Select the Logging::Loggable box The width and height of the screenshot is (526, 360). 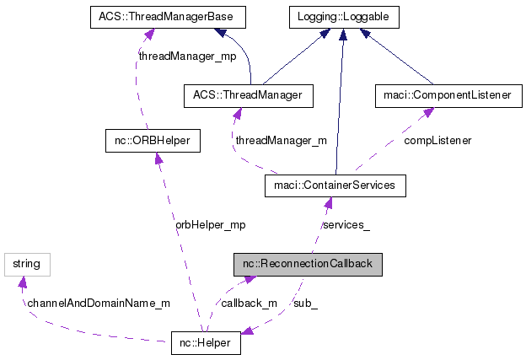tap(342, 16)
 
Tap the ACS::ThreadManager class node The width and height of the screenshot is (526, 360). tap(248, 96)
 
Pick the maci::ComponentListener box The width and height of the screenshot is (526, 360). tap(443, 96)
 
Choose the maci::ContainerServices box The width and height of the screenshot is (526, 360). tap(335, 185)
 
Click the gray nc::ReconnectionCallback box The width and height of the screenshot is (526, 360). tap(309, 265)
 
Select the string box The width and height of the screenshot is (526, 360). tap(26, 264)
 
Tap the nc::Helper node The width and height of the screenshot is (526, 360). tap(206, 344)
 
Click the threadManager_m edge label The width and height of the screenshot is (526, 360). tap(281, 141)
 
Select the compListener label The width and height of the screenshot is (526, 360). tap(437, 141)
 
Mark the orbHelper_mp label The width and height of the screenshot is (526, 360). tap(210, 225)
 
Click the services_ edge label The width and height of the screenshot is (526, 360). tap(346, 225)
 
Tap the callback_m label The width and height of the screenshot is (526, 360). tap(249, 303)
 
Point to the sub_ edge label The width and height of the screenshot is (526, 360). tap(304, 303)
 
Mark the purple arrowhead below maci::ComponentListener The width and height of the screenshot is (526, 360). tap(429, 113)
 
